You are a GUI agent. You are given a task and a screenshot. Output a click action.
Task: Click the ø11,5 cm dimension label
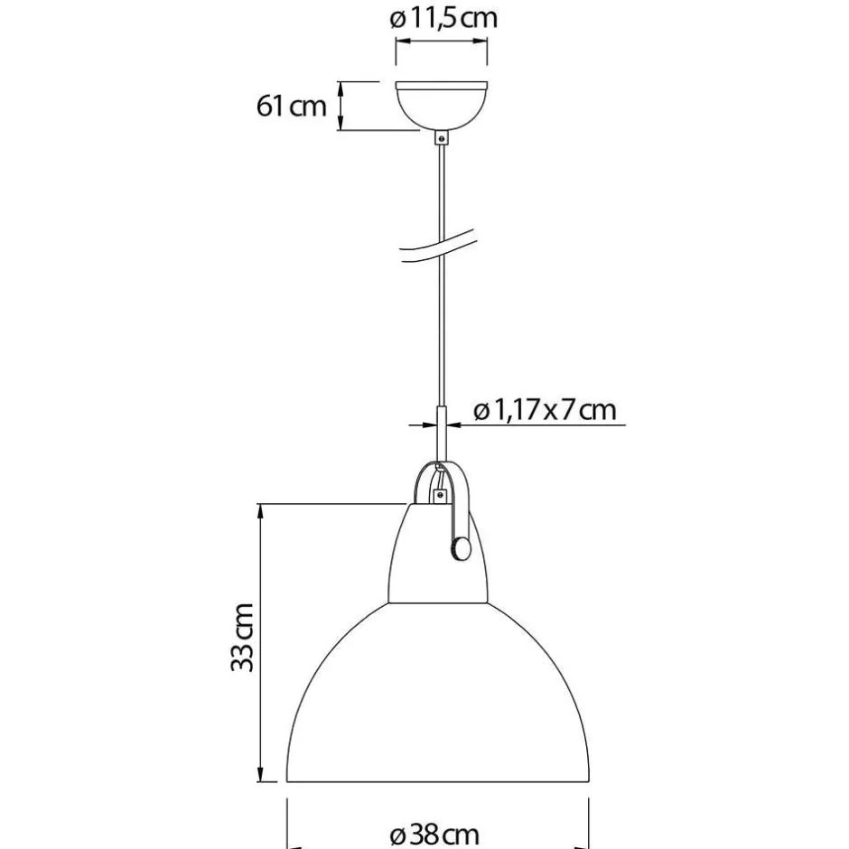click(443, 18)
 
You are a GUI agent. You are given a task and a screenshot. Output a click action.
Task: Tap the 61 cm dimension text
click(292, 106)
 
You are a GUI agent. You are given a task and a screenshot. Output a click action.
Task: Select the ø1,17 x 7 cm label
click(545, 410)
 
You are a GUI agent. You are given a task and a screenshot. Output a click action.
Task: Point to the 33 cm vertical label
click(242, 638)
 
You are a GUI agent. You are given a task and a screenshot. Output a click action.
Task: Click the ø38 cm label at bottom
click(434, 835)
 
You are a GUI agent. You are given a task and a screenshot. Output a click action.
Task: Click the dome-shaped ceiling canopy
click(442, 106)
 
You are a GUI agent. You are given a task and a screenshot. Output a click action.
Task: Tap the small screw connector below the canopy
click(443, 137)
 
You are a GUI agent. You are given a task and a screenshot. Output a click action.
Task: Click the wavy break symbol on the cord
click(437, 246)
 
